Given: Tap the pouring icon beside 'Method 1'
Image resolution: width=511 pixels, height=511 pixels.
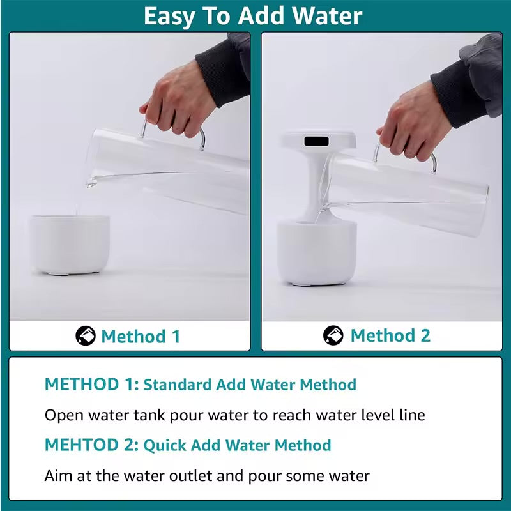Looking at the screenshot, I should [86, 335].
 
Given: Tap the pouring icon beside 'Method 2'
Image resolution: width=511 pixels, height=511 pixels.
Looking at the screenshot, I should [333, 335].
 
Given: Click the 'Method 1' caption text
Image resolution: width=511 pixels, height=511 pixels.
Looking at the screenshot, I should [141, 336].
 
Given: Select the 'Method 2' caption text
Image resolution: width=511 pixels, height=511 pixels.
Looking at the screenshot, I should [390, 335].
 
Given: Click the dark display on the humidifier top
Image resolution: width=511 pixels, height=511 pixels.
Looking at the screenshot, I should [318, 140].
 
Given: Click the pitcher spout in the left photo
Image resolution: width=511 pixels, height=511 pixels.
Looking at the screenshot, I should [91, 183].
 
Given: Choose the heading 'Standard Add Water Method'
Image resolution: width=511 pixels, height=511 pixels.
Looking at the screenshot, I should [250, 385].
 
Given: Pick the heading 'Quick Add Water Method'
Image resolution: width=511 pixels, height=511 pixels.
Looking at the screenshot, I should [237, 445].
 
